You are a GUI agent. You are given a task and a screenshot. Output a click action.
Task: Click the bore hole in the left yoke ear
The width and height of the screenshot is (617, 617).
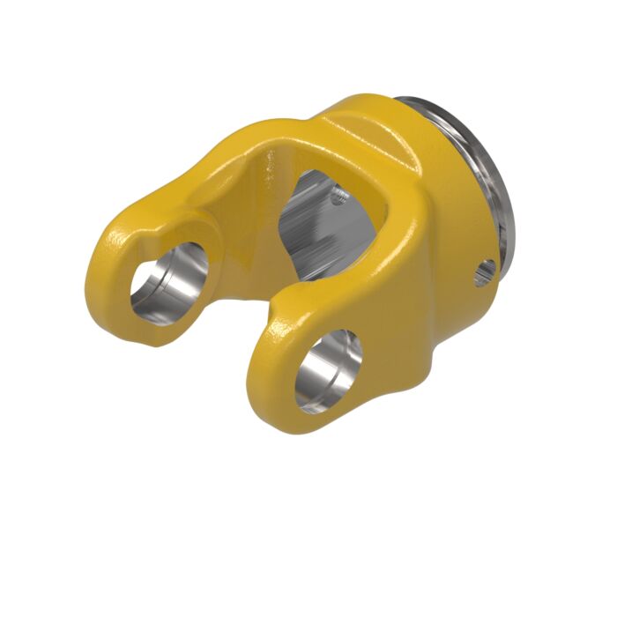point(167,282)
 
